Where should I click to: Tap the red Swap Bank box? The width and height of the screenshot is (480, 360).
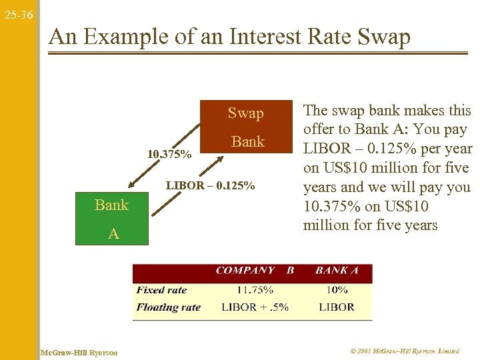(x=246, y=127)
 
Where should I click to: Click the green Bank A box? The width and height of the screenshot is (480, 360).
(x=111, y=219)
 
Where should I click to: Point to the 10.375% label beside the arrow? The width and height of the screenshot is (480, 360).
(x=169, y=155)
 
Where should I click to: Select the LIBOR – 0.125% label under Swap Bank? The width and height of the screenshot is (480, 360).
(x=211, y=185)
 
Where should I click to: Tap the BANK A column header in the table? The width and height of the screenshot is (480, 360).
(x=337, y=271)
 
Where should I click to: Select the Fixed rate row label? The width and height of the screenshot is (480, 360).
(x=161, y=290)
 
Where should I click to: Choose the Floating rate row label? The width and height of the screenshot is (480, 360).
(x=168, y=307)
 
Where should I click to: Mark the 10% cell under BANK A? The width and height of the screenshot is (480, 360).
(x=337, y=290)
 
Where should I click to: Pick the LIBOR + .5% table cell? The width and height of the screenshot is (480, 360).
(x=255, y=307)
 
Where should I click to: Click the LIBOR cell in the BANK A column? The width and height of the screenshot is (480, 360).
(x=337, y=307)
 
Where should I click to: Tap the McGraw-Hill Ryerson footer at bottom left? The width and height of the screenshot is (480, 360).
(x=79, y=352)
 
